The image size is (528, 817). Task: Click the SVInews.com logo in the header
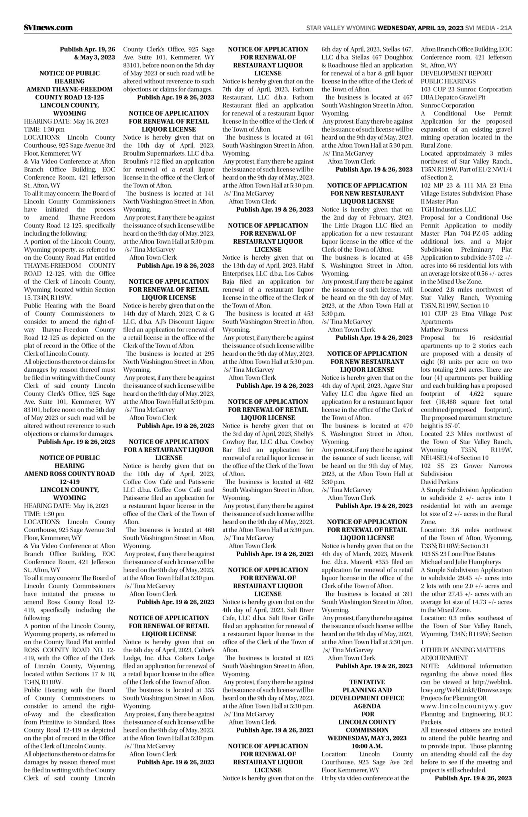point(48,28)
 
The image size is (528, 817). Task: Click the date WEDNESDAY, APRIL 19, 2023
point(420,28)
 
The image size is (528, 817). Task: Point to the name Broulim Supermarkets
point(158,153)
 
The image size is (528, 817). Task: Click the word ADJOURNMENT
point(444,657)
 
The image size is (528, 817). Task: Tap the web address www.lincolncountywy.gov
point(466,706)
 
